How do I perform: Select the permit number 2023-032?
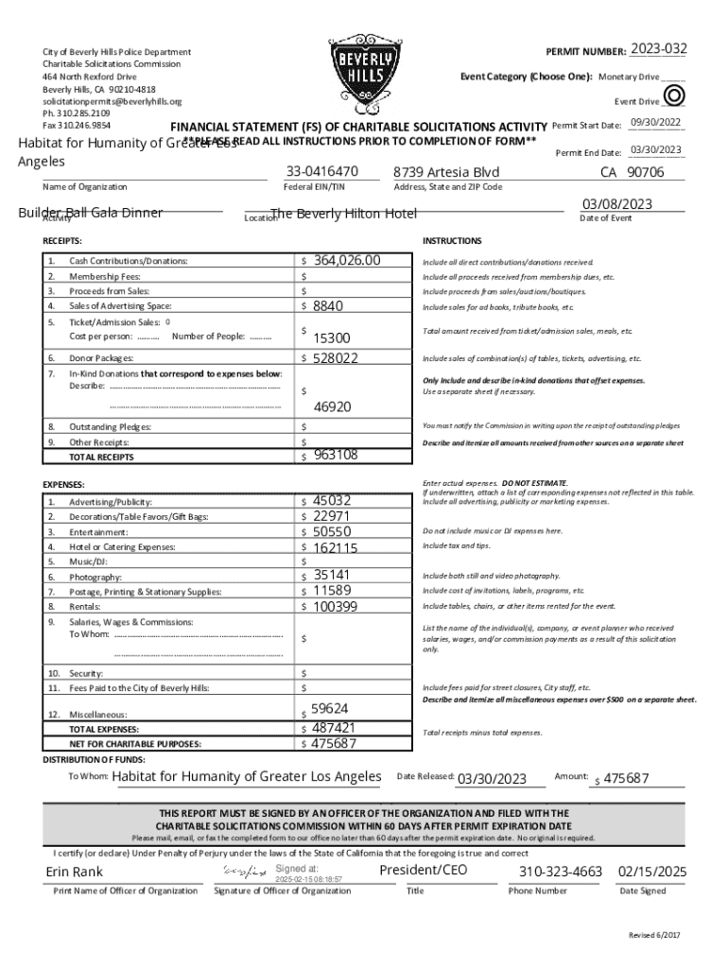(x=659, y=48)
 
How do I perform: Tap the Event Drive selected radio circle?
(x=674, y=95)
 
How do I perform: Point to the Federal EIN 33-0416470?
(x=321, y=172)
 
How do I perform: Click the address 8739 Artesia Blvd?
(x=446, y=172)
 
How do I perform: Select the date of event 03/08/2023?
(x=618, y=204)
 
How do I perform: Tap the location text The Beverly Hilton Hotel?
(x=343, y=214)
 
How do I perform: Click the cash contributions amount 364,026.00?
(x=347, y=260)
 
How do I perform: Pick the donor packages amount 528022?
(x=336, y=358)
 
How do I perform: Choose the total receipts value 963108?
(x=336, y=455)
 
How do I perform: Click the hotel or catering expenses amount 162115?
(x=336, y=547)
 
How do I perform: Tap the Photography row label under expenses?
(x=95, y=577)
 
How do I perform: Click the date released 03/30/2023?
(x=491, y=779)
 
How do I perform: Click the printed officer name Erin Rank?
(x=75, y=872)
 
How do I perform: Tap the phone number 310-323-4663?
(x=561, y=872)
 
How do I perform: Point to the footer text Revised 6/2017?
(x=654, y=935)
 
